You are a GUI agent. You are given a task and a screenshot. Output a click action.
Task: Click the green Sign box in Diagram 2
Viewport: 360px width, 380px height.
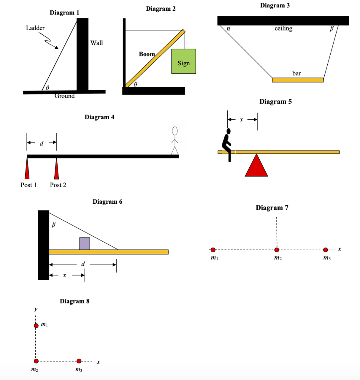point(184,61)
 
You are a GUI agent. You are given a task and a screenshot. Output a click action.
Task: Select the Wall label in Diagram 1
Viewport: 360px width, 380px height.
point(97,43)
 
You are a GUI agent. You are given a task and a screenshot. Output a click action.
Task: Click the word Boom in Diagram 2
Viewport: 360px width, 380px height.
point(147,54)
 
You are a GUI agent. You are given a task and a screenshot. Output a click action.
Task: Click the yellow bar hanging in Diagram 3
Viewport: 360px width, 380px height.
point(298,80)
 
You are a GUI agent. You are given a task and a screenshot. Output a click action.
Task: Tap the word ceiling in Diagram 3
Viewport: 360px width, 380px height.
point(283,29)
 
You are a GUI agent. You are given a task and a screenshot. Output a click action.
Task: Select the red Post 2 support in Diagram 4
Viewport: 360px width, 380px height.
point(56,168)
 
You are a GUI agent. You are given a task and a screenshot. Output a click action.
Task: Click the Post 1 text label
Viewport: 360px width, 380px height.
point(28,185)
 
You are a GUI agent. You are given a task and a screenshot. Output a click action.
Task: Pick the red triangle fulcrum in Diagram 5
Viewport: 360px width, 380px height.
point(256,166)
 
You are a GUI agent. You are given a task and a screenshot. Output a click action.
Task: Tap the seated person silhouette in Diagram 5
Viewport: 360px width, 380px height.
point(227,144)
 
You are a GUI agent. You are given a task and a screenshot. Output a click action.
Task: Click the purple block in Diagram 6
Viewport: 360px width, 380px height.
point(85,243)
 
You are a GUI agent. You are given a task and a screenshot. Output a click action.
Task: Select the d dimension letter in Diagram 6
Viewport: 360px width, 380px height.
point(83,264)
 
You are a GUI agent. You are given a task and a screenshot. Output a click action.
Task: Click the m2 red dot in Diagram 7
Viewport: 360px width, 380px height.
point(276,249)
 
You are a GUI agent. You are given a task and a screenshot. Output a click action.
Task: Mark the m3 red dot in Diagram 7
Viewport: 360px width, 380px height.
point(325,249)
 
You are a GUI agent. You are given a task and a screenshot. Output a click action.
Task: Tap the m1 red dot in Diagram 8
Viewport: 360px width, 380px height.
point(36,325)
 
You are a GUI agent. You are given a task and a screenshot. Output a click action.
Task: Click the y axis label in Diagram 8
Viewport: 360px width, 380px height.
point(36,309)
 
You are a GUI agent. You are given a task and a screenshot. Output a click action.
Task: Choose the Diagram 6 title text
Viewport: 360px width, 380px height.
point(107,202)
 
